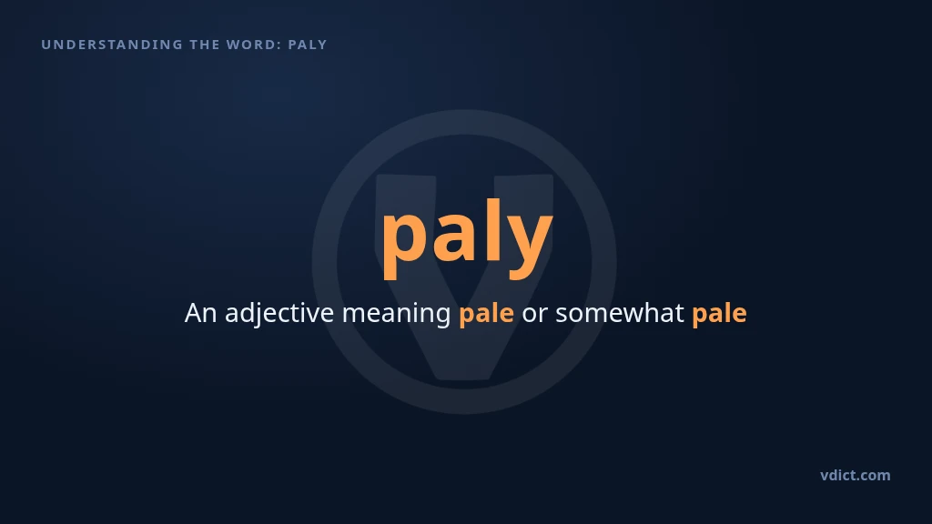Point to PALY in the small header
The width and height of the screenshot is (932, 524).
pos(308,45)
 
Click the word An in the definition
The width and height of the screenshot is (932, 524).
pos(200,313)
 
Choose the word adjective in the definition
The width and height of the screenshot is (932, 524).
pos(279,314)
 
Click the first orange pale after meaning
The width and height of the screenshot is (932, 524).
pos(486,314)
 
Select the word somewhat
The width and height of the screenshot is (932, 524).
pos(619,313)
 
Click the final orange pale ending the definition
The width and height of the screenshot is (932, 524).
pos(719,314)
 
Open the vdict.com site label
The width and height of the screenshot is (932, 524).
pos(856,475)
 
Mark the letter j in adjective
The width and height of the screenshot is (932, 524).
pos(259,316)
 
